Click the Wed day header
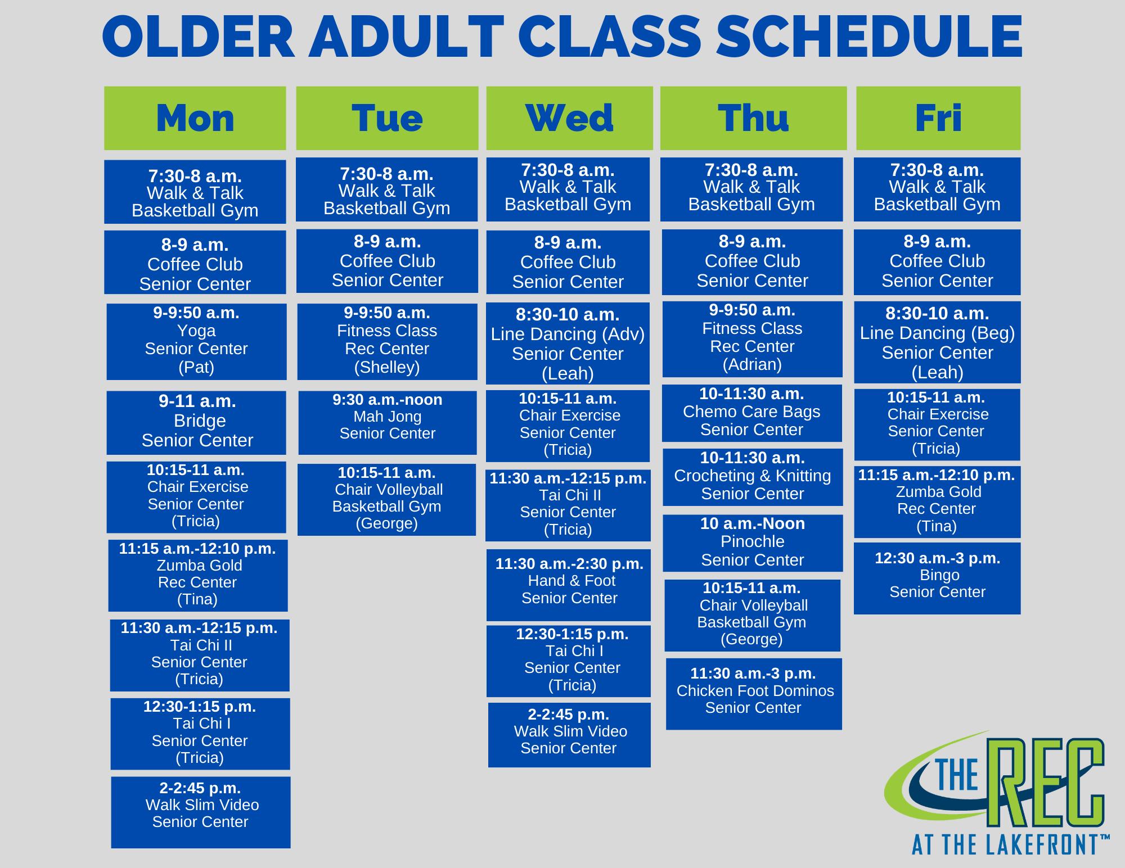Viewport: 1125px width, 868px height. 569,118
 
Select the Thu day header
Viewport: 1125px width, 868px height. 753,118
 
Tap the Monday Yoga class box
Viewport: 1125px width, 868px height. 196,342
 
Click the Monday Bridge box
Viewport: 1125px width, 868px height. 196,423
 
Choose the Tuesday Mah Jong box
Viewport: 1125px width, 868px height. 388,423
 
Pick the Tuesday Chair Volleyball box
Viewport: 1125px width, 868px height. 386,500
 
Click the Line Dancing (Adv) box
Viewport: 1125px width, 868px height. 568,343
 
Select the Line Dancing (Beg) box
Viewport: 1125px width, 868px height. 937,342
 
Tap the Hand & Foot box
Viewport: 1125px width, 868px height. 569,585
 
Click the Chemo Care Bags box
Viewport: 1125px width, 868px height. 752,413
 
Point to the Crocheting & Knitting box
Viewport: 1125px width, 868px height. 753,477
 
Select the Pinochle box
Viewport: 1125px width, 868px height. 753,543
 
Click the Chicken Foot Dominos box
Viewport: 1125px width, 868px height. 754,694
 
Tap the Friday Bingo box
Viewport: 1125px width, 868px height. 937,578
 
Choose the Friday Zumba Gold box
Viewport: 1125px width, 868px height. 937,502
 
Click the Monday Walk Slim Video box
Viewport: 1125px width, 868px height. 201,812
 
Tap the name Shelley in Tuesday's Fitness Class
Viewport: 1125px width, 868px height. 387,367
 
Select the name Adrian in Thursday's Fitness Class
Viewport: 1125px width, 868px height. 752,365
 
